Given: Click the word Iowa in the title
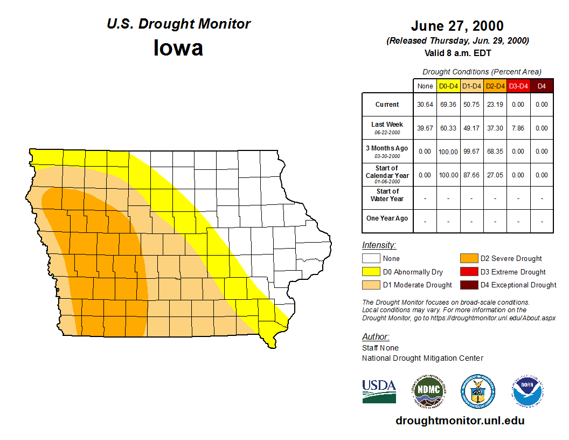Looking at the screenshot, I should click(x=178, y=48).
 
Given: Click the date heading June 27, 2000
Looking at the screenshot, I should click(x=457, y=26).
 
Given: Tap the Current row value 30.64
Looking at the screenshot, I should click(x=425, y=105).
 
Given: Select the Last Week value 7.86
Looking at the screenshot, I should click(x=518, y=128).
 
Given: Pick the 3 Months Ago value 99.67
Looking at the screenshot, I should click(x=471, y=152).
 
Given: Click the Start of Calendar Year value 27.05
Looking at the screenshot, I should click(x=495, y=175).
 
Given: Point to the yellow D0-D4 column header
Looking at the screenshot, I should click(x=448, y=86).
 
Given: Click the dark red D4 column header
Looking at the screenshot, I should click(x=542, y=86).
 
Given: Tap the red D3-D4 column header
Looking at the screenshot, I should click(x=518, y=86).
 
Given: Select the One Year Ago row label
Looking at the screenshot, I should click(x=387, y=218).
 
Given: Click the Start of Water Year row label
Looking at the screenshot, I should click(x=387, y=195).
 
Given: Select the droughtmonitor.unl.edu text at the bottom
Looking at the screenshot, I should click(x=460, y=421).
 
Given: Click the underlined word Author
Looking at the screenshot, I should click(x=375, y=336).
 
